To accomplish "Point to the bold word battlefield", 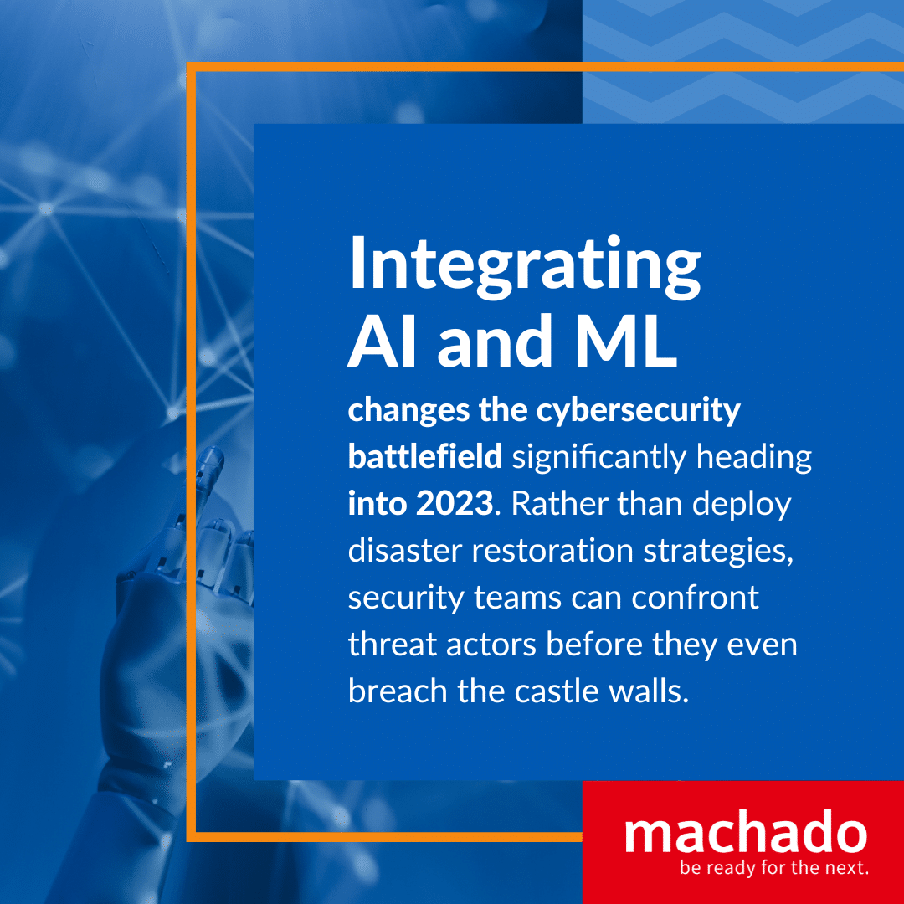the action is [425, 456].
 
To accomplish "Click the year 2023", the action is [455, 503].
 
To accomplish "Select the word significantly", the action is [599, 459].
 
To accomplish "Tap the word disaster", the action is [405, 551].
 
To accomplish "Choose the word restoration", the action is [553, 551].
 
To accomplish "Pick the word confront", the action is [696, 598].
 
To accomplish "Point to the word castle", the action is [557, 691].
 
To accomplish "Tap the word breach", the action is [398, 691].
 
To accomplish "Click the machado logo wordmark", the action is [746, 831].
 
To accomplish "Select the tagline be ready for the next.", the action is [774, 867].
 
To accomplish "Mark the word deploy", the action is [742, 505].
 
